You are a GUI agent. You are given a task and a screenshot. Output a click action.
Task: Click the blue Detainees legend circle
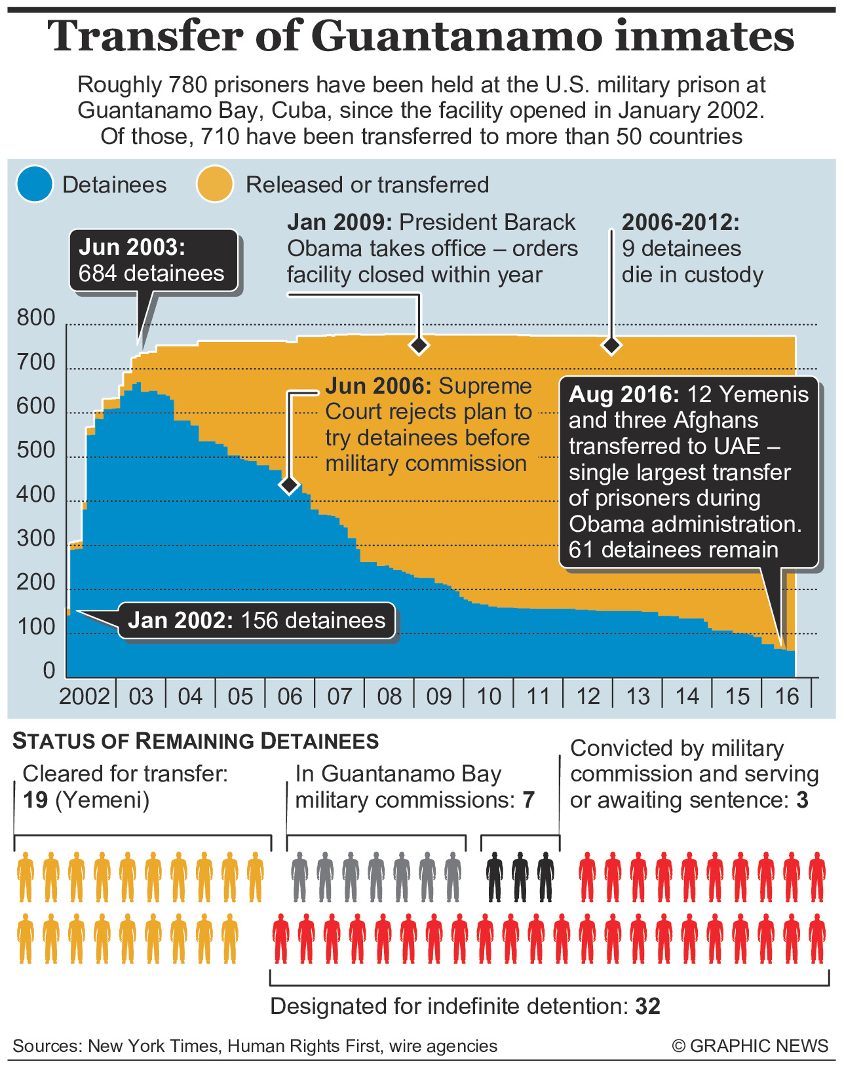pos(35,185)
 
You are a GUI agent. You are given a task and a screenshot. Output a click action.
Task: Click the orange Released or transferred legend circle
pos(215,185)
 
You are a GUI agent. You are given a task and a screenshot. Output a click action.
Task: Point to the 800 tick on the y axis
pos(36,318)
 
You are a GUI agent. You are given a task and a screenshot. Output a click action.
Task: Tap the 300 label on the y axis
pos(36,538)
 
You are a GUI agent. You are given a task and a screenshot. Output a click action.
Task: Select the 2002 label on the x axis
pos(85,696)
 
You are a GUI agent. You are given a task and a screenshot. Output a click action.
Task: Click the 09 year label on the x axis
pos(439,696)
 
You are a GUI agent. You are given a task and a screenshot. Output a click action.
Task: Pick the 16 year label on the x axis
pos(786,696)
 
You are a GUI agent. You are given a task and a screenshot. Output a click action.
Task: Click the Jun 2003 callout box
pos(153,261)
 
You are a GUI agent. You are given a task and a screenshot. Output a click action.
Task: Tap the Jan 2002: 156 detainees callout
pos(256,620)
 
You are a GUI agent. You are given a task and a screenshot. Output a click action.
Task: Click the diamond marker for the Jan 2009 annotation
pos(419,345)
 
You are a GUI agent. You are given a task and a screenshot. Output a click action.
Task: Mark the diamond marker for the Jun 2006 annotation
pos(289,485)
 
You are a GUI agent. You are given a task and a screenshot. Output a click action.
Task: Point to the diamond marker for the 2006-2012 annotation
pos(611,345)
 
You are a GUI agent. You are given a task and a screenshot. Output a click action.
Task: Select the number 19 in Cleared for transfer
pos(35,800)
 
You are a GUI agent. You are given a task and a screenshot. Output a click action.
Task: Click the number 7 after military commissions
pos(528,800)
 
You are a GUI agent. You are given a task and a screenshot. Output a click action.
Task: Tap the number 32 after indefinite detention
pos(647,1007)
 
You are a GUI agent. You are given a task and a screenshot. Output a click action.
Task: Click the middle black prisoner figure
pos(520,876)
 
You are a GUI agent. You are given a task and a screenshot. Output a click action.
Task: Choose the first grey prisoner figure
pos(299,876)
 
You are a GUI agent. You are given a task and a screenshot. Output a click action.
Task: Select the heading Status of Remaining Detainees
pos(196,741)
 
